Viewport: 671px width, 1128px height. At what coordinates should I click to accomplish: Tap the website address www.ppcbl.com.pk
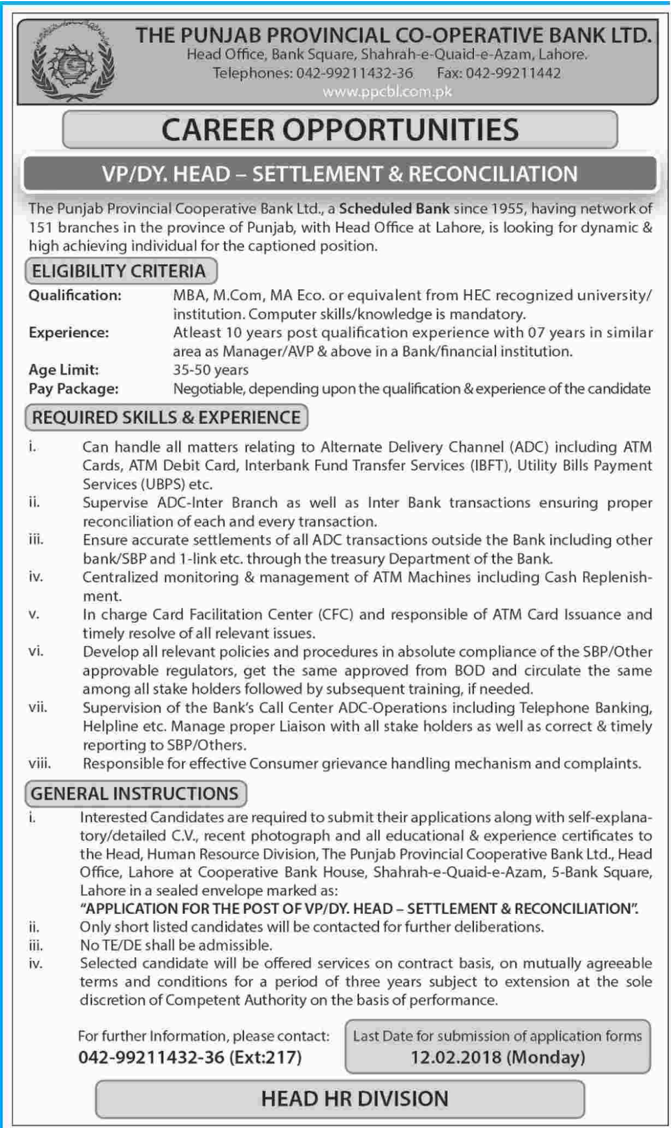pos(387,92)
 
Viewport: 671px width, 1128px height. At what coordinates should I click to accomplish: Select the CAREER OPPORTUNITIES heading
pos(340,130)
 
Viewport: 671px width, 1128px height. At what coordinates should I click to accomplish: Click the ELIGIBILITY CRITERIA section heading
pos(119,271)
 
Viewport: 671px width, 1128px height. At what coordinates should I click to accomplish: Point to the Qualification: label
pos(75,295)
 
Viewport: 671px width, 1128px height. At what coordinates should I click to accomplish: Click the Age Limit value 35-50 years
pos(210,370)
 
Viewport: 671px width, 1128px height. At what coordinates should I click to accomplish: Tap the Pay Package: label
pos(73,389)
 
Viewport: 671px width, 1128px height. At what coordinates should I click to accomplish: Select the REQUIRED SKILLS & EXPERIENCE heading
pos(166,418)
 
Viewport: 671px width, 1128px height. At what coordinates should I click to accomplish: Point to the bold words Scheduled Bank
pos(394,209)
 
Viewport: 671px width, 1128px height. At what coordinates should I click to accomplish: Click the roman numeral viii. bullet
pos(40,763)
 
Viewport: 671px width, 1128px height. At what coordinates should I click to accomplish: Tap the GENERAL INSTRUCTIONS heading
pos(135,793)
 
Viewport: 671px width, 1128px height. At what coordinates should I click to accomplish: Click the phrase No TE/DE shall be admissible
pos(176,945)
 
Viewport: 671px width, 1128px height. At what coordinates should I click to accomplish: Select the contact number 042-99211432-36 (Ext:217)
pos(190,1057)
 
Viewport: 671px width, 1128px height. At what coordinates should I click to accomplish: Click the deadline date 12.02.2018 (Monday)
pos(498,1057)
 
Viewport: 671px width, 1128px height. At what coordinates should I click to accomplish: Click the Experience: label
pos(69,333)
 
